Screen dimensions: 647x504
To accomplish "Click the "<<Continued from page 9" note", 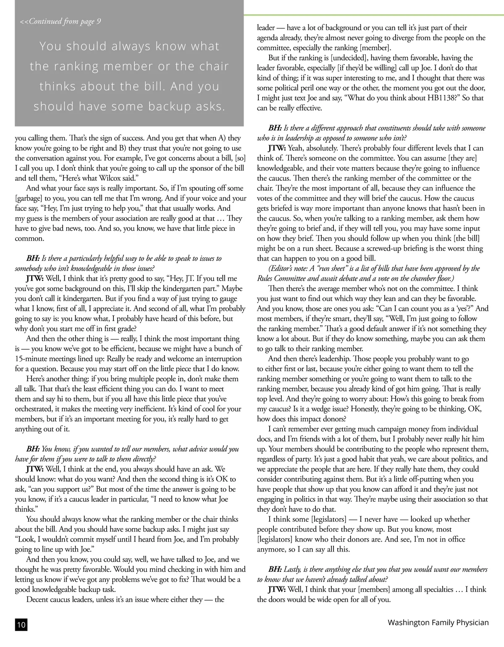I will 60,21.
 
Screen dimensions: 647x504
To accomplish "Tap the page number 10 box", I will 21,625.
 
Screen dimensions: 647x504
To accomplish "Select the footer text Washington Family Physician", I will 438,622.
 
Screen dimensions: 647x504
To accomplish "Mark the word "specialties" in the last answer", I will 436,589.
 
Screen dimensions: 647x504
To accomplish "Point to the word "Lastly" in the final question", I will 293,569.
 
